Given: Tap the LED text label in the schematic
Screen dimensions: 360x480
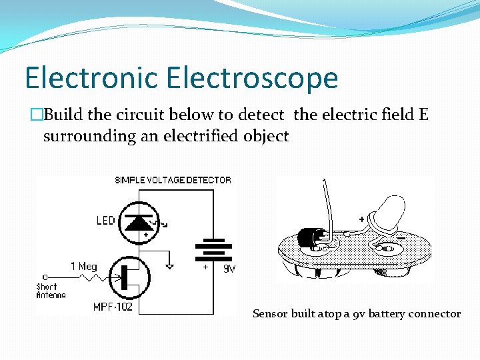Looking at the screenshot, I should point(105,221).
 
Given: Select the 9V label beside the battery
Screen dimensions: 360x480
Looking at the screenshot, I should point(228,269).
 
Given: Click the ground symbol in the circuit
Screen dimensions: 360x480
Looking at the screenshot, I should point(170,266).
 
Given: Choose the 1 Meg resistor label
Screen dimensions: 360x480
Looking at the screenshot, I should point(84,266).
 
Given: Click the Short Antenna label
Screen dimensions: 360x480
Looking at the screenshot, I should point(51,291).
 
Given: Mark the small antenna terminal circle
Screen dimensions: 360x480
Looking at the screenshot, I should point(44,276).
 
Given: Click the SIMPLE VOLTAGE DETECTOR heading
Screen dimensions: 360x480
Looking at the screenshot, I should point(173,180).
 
